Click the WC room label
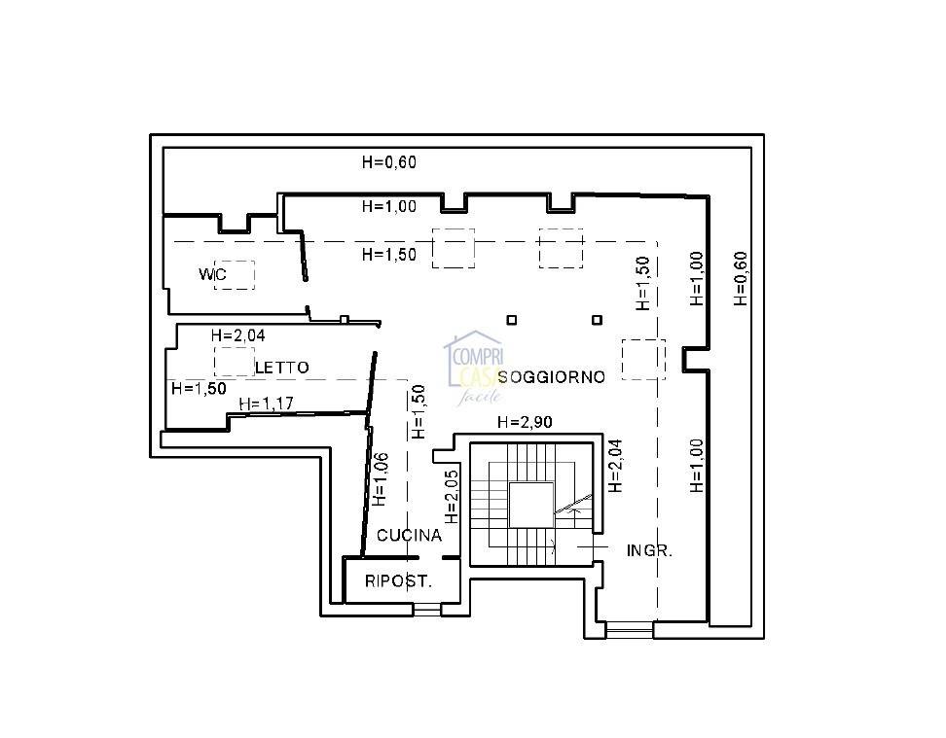click(212, 274)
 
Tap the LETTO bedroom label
click(281, 368)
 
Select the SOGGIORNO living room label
click(552, 377)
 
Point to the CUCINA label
click(409, 535)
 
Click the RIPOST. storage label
click(398, 581)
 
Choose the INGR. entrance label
click(649, 550)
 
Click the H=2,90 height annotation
click(525, 422)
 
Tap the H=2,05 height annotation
click(452, 497)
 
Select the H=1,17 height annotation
click(266, 404)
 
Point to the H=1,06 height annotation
click(381, 479)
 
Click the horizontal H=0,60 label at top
click(389, 161)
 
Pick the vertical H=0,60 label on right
click(741, 278)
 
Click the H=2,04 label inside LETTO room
click(237, 335)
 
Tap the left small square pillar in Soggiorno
click(512, 320)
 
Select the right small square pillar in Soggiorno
click(597, 320)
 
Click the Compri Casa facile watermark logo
click(474, 368)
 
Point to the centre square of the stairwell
click(531, 505)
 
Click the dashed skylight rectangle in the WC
click(235, 275)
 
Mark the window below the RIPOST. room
click(427, 610)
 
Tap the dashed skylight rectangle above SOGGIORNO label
click(643, 360)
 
